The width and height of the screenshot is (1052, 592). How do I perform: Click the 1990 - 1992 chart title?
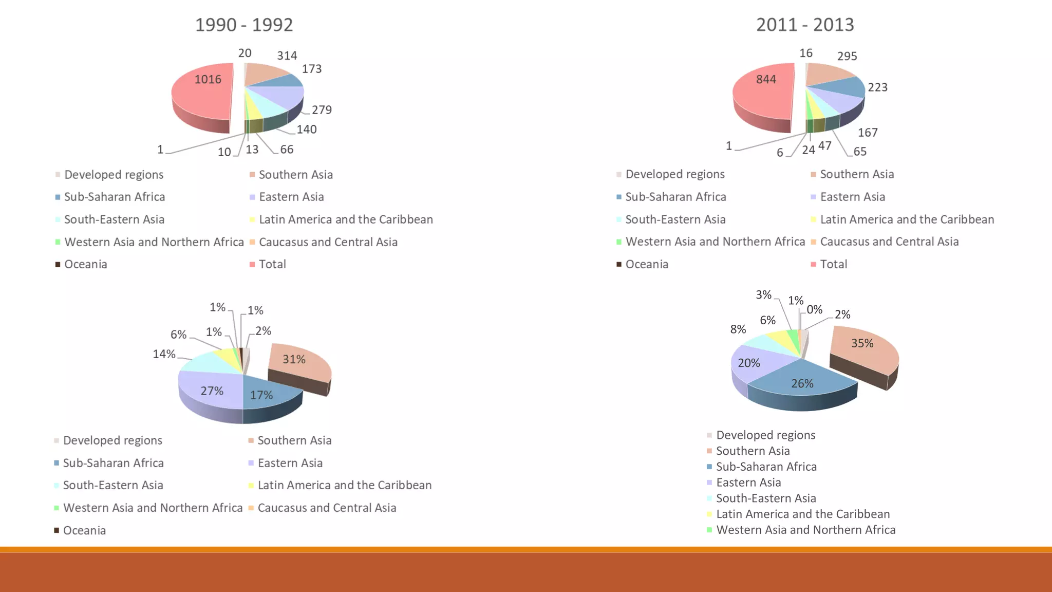tap(244, 25)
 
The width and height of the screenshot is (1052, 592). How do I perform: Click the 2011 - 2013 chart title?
tap(805, 25)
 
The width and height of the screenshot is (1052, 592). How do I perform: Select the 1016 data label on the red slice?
tap(208, 79)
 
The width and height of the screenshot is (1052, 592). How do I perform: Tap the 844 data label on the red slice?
tap(766, 79)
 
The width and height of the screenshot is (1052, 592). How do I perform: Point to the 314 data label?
tap(287, 55)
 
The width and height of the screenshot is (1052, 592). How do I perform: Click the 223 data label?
tap(877, 87)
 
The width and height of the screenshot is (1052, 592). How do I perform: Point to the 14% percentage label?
tap(164, 354)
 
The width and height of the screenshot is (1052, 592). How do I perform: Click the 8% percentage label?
tap(738, 329)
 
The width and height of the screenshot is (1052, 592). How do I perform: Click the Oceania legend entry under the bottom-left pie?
tap(84, 530)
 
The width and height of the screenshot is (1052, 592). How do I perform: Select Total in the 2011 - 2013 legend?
tap(833, 264)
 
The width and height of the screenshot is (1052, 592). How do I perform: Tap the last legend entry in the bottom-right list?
tap(805, 530)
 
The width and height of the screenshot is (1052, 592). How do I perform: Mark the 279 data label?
tap(322, 110)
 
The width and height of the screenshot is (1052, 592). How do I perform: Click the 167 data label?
tap(868, 133)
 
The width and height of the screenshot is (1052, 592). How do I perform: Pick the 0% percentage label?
tap(814, 309)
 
